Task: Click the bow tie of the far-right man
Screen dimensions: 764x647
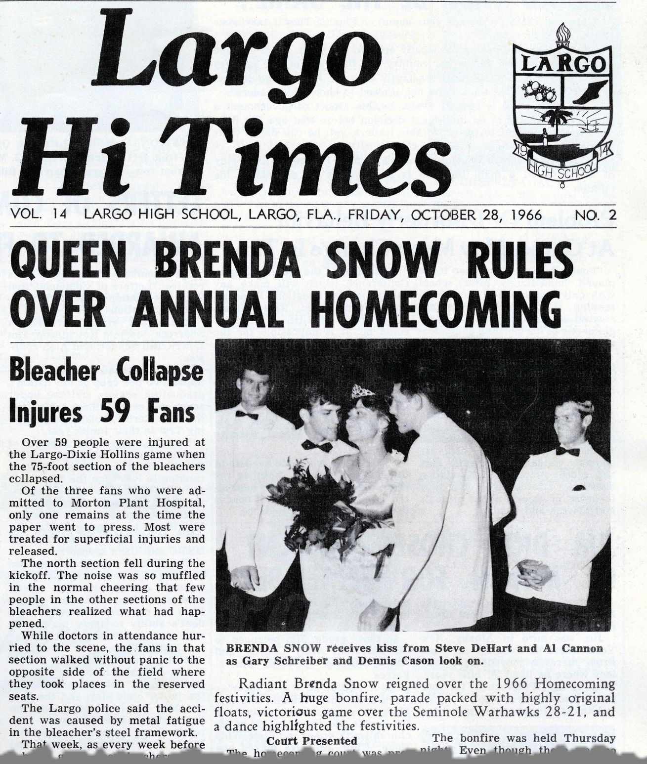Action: [x=567, y=451]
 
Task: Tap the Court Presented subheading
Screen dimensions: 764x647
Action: [x=311, y=740]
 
